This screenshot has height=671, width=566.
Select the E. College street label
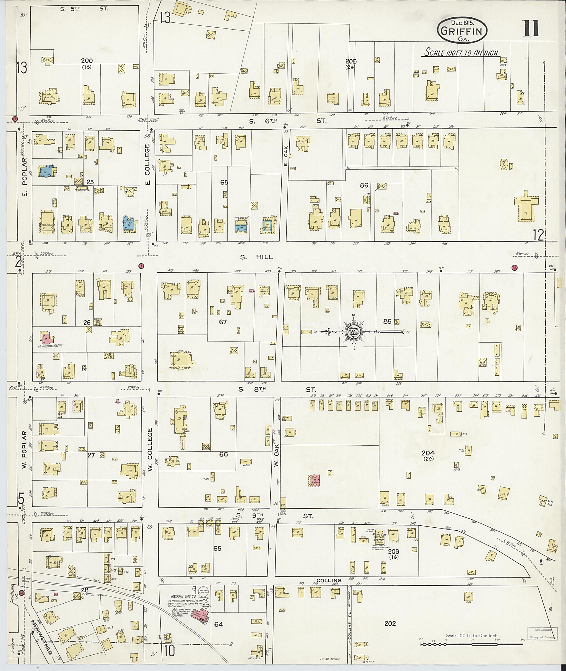148,159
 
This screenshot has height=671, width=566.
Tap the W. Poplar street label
24,450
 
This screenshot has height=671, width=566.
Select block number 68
224,182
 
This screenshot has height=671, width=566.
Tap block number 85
387,321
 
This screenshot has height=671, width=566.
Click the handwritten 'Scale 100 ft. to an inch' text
461,52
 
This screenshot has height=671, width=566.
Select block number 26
87,322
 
